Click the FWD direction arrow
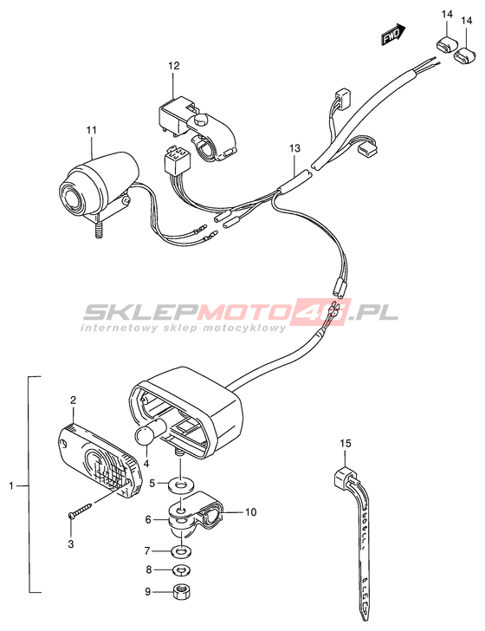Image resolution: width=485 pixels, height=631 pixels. (393, 34)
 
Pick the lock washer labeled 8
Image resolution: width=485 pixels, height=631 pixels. (180, 569)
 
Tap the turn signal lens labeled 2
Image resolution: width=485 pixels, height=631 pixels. (100, 459)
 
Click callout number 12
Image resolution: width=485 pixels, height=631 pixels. (174, 65)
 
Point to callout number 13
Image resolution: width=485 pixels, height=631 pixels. (294, 148)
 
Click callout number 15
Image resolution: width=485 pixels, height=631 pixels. (346, 443)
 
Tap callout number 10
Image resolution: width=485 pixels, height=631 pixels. (250, 512)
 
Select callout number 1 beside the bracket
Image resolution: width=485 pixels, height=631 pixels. (11, 486)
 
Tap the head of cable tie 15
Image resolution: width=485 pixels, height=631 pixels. (344, 478)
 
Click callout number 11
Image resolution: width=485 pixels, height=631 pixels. (91, 130)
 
